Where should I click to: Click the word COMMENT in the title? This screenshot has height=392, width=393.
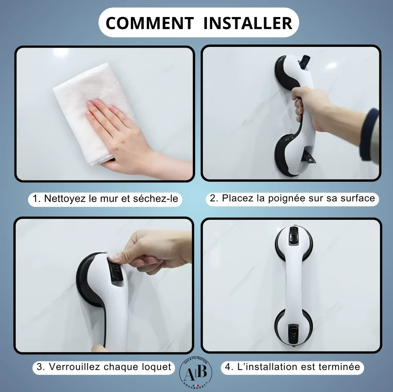150,23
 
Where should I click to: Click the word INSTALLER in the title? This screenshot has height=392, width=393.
248,23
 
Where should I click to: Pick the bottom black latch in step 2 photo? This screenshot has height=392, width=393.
309,156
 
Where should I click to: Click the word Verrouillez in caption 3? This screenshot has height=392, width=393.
74,366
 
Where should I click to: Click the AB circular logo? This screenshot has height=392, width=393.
196,373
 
